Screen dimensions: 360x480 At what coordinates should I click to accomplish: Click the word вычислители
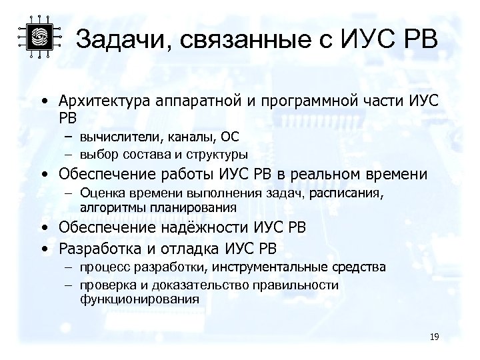pos(114,137)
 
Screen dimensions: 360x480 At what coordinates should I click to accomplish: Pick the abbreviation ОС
pos(230,137)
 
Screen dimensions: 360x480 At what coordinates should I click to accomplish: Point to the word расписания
pos(351,193)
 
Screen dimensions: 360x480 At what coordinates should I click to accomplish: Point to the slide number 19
pos(434,337)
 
